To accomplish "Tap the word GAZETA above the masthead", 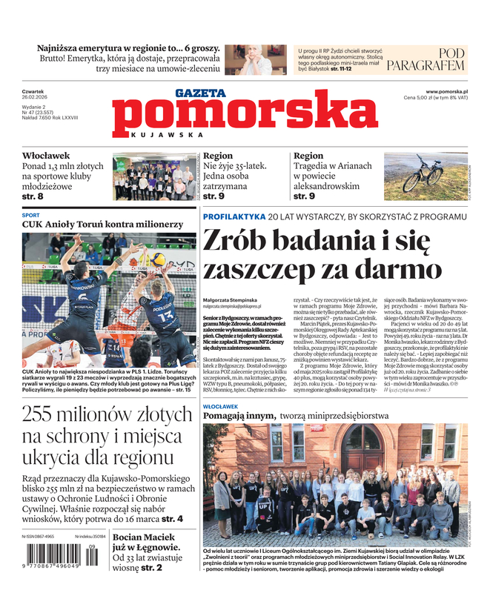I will pyautogui.click(x=201, y=93).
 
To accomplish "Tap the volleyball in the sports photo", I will pyautogui.click(x=158, y=259).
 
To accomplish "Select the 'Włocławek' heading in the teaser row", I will pyautogui.click(x=46, y=156).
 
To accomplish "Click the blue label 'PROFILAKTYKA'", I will pyautogui.click(x=234, y=216).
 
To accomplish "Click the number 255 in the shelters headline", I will pyautogui.click(x=44, y=414).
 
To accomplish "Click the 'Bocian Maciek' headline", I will pyautogui.click(x=146, y=544).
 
